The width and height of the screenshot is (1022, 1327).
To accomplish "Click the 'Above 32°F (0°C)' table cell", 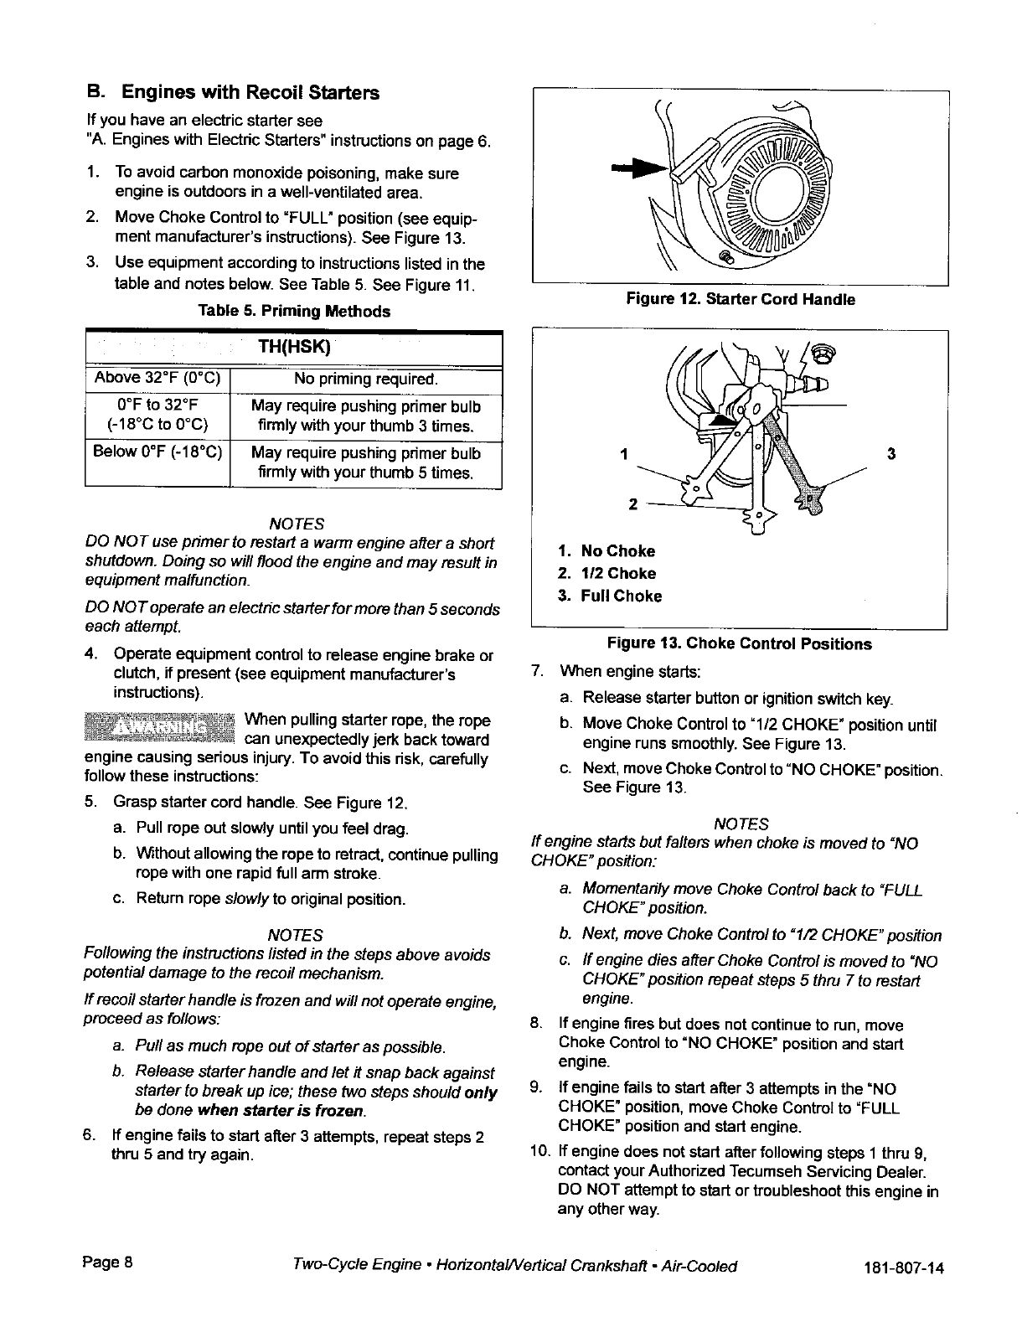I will coord(157,380).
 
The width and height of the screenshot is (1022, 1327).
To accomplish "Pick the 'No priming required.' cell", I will coord(366,380).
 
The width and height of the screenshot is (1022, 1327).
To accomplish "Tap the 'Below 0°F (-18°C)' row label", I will coord(157,453).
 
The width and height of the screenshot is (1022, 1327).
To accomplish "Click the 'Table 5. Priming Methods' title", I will coord(293,312).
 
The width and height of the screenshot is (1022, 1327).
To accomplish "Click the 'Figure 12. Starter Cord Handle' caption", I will coord(739,299).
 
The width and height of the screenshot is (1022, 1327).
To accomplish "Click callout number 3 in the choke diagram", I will coord(891,454).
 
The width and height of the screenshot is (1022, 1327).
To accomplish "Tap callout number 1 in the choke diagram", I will coord(623,455).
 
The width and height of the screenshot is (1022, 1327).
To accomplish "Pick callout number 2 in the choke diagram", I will coord(633,504).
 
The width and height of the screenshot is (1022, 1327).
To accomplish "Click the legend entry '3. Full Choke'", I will coord(610,596).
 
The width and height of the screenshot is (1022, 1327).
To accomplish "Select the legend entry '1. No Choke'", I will coord(606,551).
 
